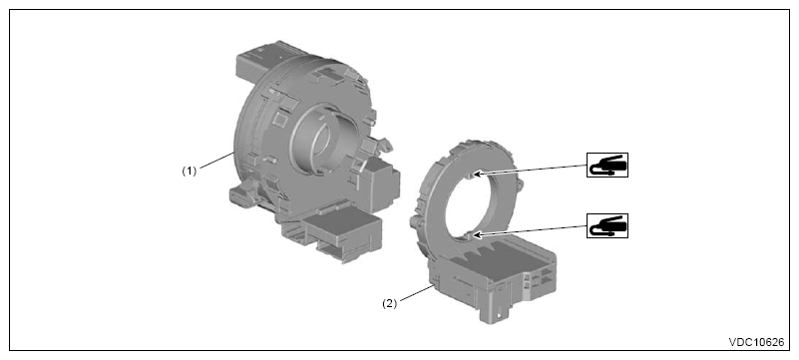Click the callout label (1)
[190, 172]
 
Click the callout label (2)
[389, 303]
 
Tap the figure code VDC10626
[756, 342]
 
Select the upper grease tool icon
[607, 165]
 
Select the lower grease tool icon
[607, 225]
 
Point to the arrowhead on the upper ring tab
[476, 175]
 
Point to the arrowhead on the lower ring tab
[476, 234]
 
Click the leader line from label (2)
[415, 294]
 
